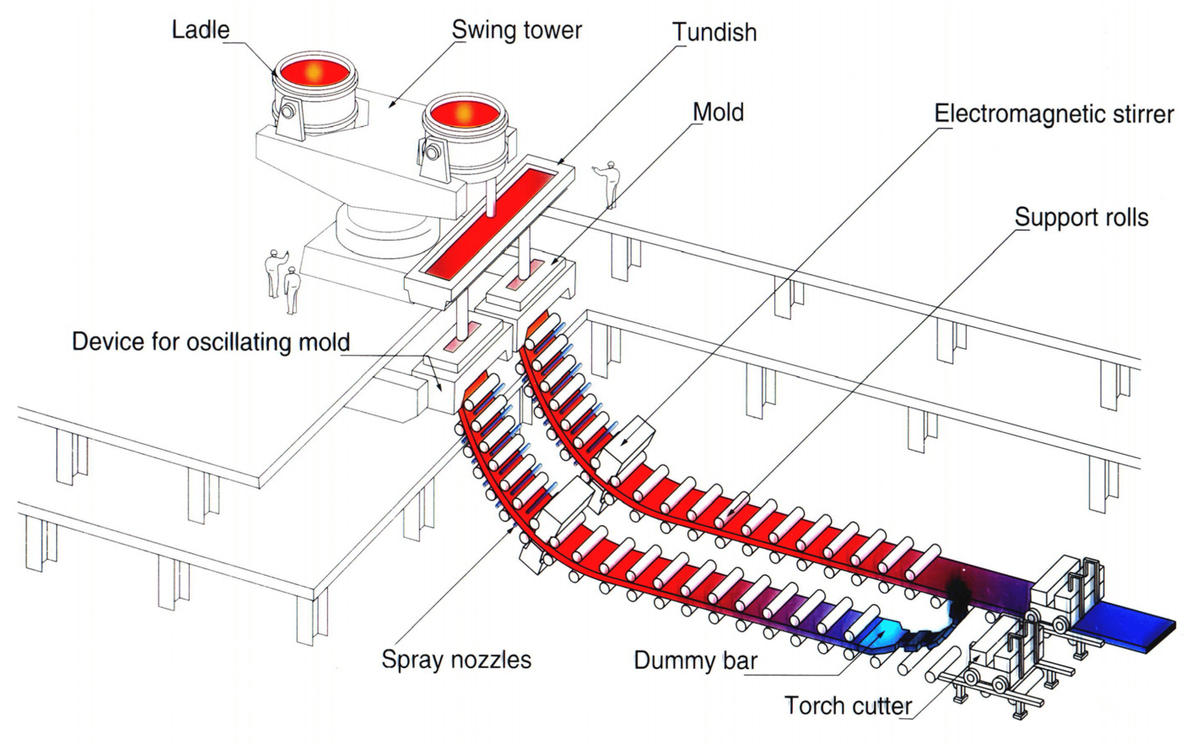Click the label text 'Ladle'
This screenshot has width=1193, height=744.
pos(200,30)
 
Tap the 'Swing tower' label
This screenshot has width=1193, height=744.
pos(516,30)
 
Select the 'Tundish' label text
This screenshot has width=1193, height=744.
pos(714,32)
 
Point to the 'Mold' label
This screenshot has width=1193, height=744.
pos(718,113)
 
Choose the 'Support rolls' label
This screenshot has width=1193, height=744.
pos(1081,217)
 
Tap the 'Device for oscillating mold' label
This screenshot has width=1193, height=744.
pos(210,341)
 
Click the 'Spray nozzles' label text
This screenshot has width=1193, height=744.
pos(456,659)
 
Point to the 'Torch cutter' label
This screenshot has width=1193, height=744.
pos(848,706)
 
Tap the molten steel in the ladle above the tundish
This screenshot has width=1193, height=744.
pos(463,114)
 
